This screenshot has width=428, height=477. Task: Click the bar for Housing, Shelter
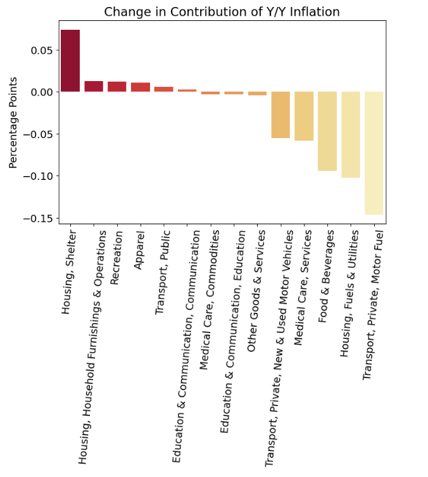70,61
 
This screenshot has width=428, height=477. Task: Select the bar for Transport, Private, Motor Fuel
374,153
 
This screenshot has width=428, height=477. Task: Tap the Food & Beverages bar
327,131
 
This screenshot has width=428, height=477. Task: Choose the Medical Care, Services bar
304,116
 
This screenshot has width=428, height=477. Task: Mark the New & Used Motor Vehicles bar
280,115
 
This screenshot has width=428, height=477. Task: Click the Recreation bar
117,87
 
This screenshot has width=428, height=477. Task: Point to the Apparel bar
141,87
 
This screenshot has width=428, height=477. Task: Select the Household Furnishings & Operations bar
94,86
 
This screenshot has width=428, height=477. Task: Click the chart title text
222,11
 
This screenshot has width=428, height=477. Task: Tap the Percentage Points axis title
14,123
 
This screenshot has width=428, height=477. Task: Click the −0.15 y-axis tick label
37,218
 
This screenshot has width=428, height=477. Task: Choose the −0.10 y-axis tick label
37,176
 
